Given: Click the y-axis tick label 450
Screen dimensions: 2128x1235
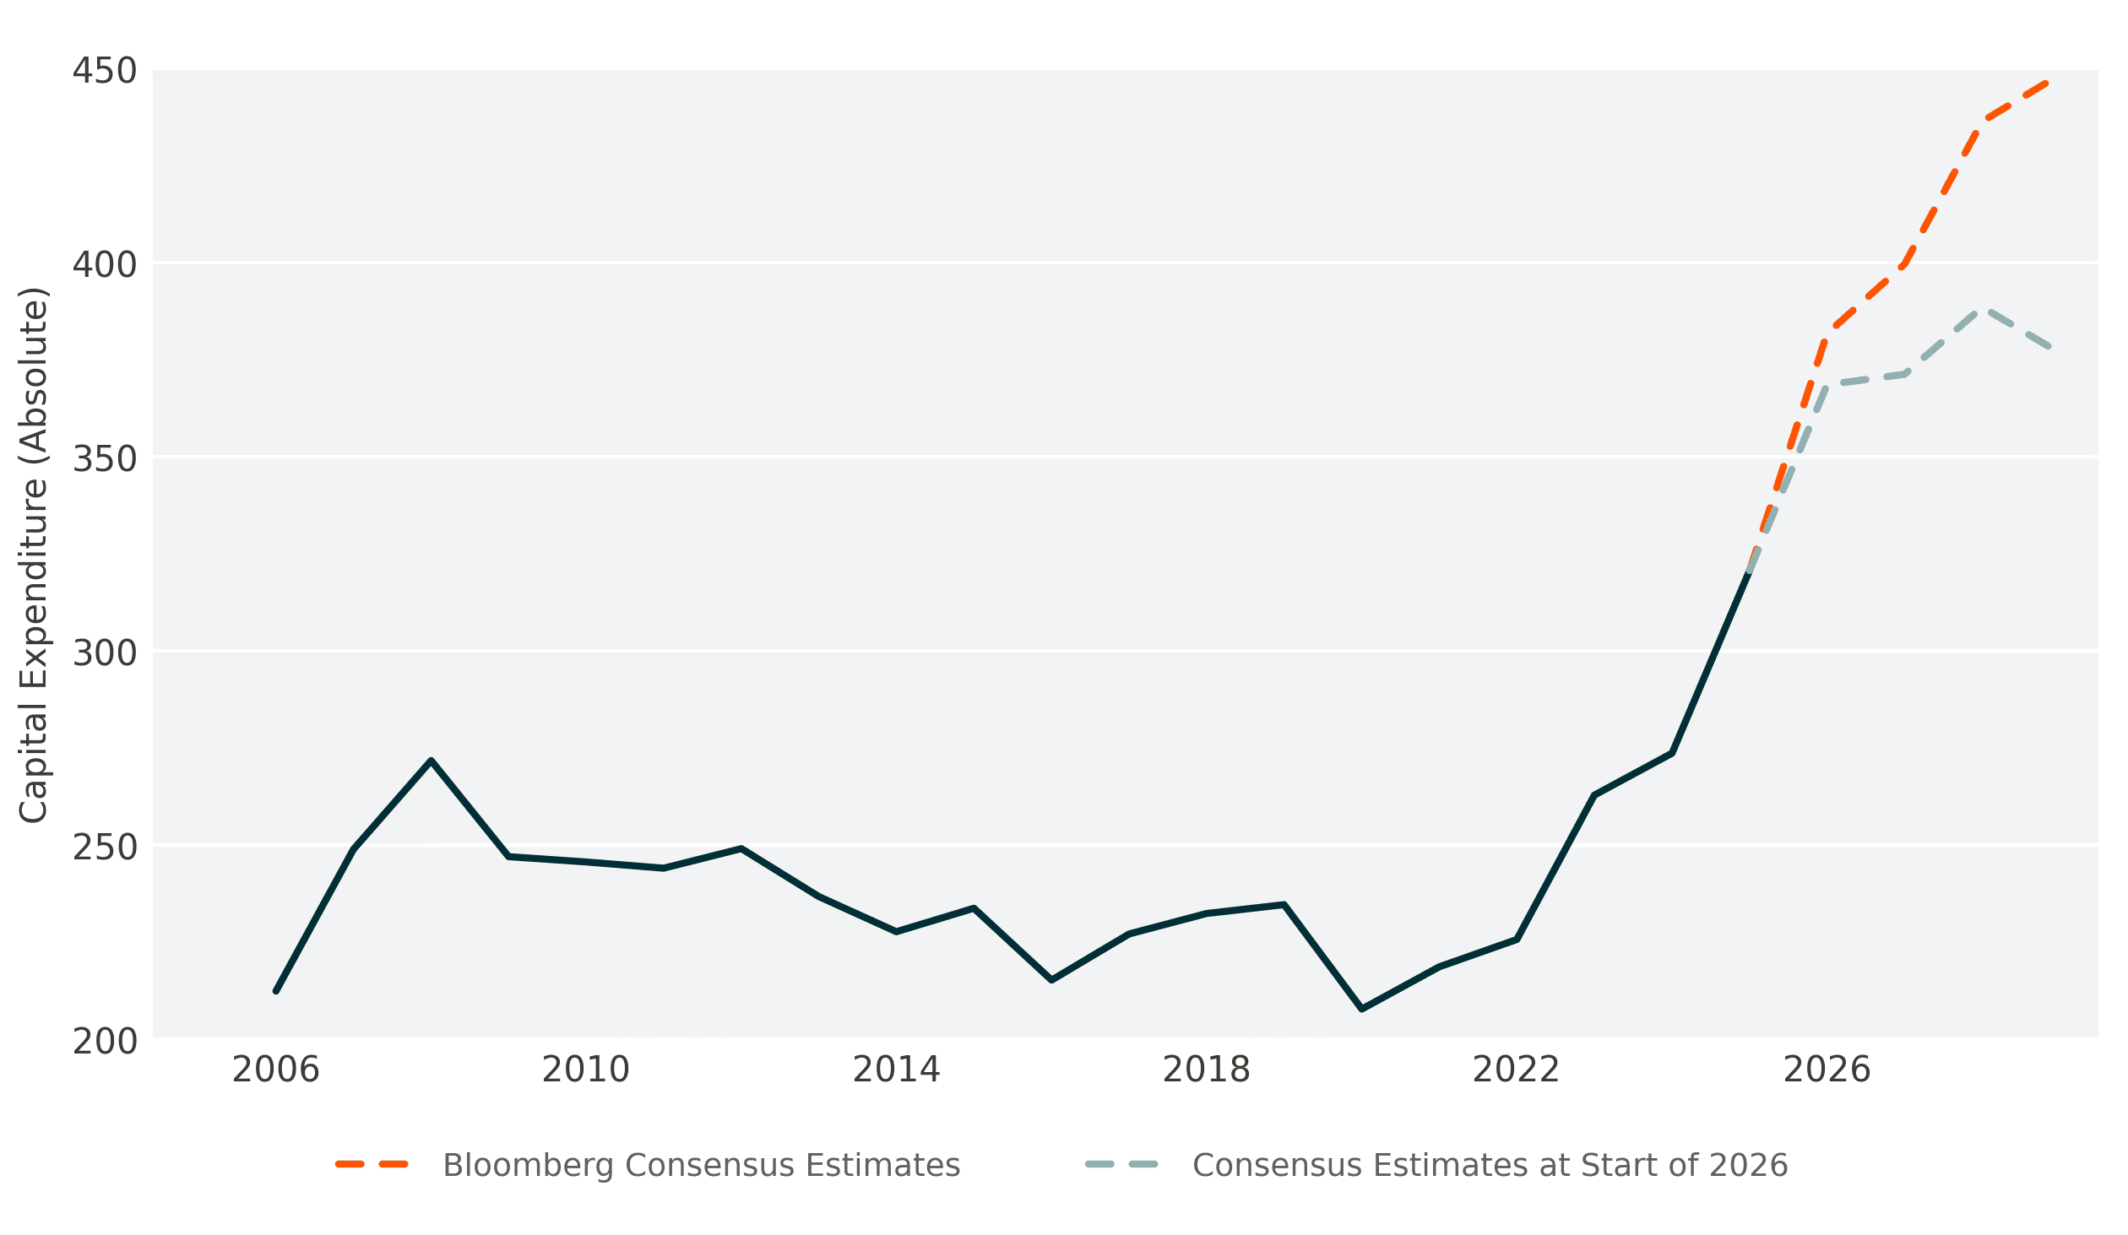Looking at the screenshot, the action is pyautogui.click(x=105, y=71).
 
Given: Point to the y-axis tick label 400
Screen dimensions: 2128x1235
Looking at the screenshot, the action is pyautogui.click(x=105, y=265).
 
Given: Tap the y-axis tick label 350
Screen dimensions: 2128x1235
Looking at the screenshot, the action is pyautogui.click(x=105, y=459).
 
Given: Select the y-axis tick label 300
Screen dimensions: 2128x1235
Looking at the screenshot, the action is pyautogui.click(x=105, y=653).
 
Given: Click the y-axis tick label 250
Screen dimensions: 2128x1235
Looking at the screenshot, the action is pyautogui.click(x=105, y=848).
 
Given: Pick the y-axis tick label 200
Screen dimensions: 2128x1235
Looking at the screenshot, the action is pyautogui.click(x=105, y=1042).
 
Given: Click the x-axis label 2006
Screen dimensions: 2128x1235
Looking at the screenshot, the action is pyautogui.click(x=276, y=1070).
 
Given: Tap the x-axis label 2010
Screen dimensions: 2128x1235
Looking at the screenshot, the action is pyautogui.click(x=586, y=1070).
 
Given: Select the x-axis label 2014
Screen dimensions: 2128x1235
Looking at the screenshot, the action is pyautogui.click(x=896, y=1070).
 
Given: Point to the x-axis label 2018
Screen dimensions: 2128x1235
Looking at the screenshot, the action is pyautogui.click(x=1206, y=1070).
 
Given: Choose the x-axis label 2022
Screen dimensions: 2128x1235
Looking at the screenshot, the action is pyautogui.click(x=1516, y=1070).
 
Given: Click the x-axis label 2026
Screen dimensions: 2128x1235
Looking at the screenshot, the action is pyautogui.click(x=1827, y=1070).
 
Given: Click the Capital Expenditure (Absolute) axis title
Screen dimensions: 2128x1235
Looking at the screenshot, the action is pyautogui.click(x=34, y=555).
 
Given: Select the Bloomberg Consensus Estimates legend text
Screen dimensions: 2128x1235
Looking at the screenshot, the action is pyautogui.click(x=702, y=1166).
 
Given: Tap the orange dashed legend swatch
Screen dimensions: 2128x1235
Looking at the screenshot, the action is pyautogui.click(x=372, y=1165).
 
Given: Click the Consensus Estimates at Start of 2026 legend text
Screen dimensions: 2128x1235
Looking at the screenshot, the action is pyautogui.click(x=1490, y=1166).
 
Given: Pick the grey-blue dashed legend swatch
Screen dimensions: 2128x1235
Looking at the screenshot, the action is pyautogui.click(x=1121, y=1165).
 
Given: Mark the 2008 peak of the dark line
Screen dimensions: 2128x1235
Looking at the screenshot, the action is pyautogui.click(x=431, y=761).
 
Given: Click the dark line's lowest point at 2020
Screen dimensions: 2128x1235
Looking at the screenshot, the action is pyautogui.click(x=1361, y=1009).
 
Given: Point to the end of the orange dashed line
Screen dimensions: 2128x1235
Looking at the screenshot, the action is pyautogui.click(x=2047, y=83).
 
